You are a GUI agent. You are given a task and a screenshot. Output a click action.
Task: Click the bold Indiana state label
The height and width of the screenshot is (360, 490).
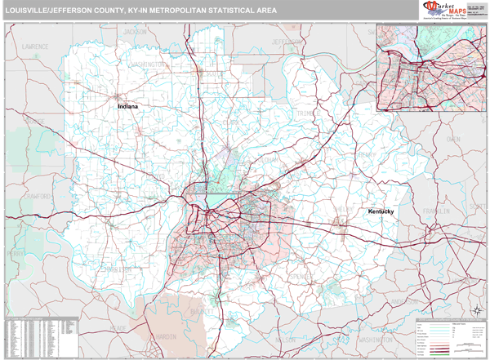127,106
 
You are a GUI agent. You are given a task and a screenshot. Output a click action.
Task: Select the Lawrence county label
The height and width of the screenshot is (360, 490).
35,47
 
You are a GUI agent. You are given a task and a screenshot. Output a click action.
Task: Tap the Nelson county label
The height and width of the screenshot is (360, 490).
284,339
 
